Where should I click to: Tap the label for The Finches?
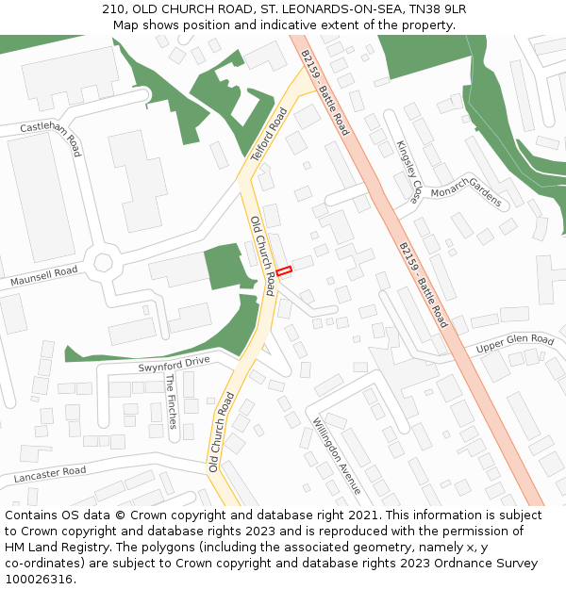pos(171,401)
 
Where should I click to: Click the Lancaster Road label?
pos(50,474)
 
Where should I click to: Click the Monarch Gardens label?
pos(466,188)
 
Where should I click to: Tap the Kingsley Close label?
pos(408,172)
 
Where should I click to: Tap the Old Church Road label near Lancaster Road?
pos(221,433)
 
